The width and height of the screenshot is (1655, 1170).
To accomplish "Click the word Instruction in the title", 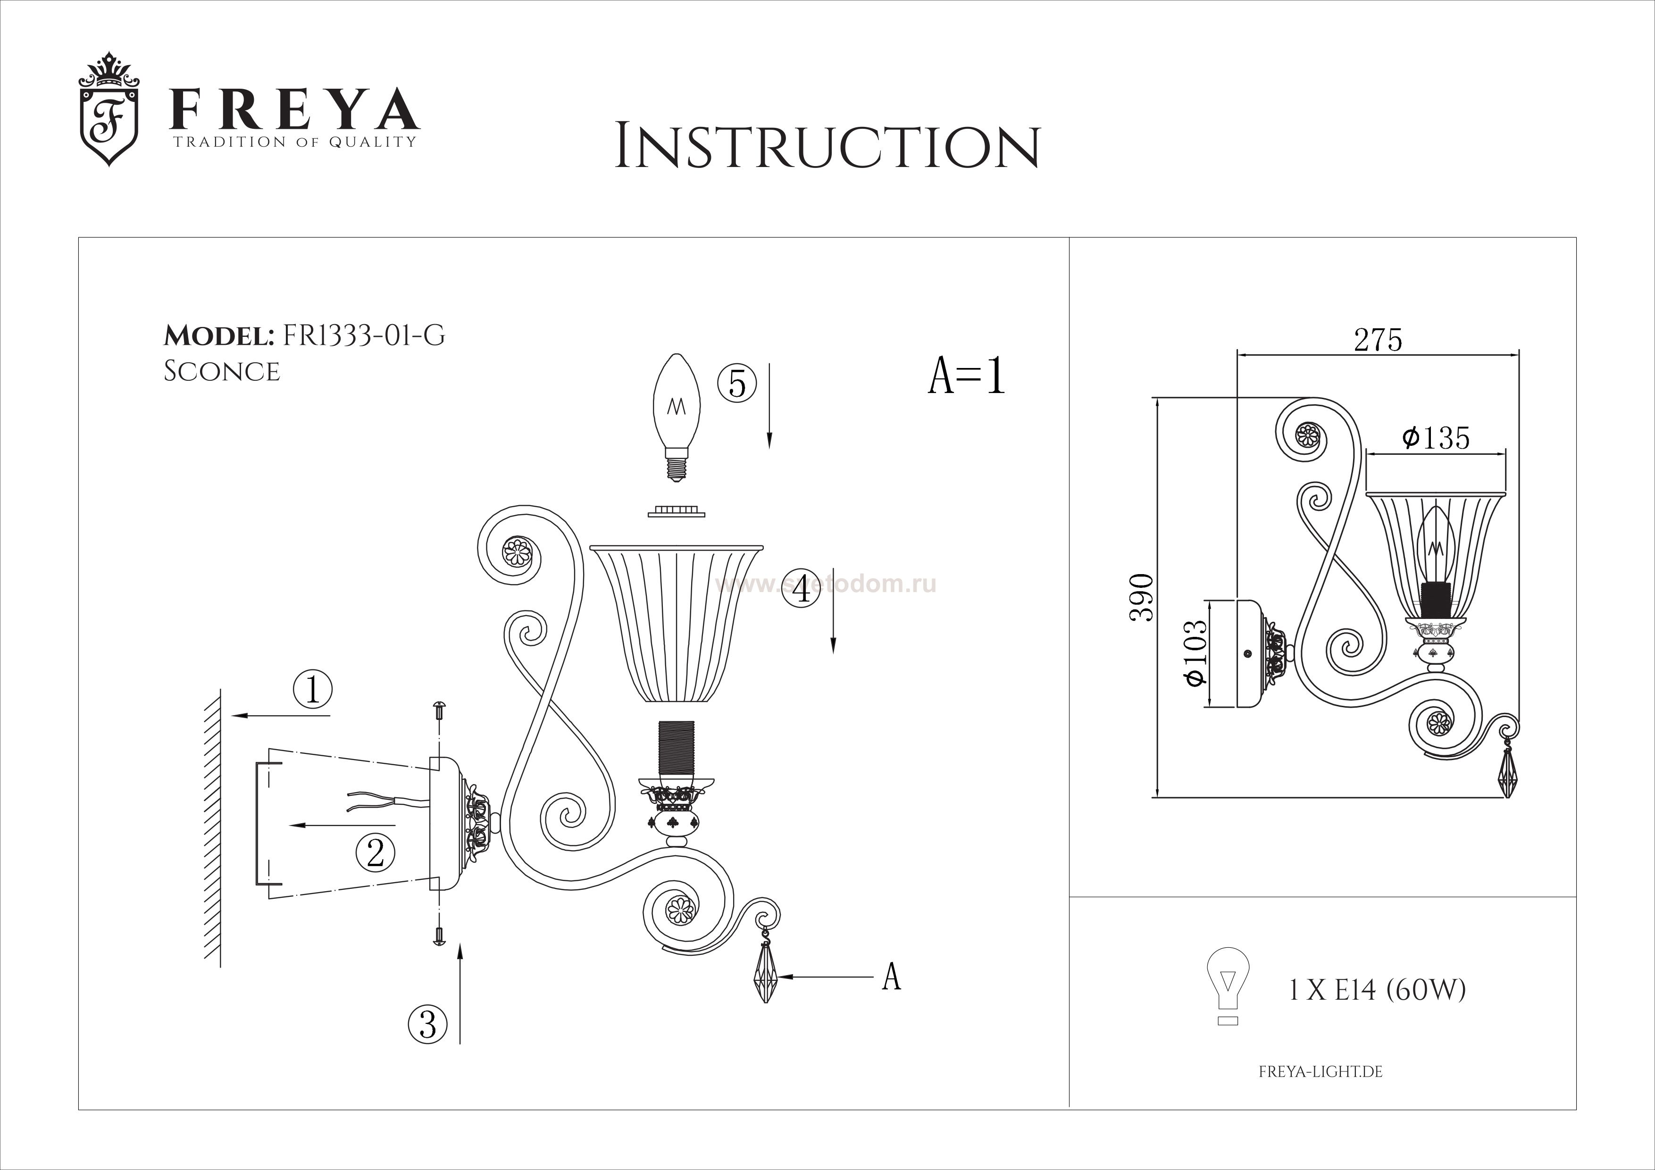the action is [827, 147].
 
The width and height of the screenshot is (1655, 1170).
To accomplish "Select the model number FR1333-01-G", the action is [364, 335].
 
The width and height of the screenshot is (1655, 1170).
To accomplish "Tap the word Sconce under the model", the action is [222, 371].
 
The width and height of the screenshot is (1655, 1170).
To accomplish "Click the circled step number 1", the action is [312, 690].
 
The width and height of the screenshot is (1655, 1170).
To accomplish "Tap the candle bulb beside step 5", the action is [676, 418].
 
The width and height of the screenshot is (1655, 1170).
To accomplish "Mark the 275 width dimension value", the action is [1378, 340].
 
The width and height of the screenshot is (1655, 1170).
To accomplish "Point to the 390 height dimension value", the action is [1142, 598].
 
